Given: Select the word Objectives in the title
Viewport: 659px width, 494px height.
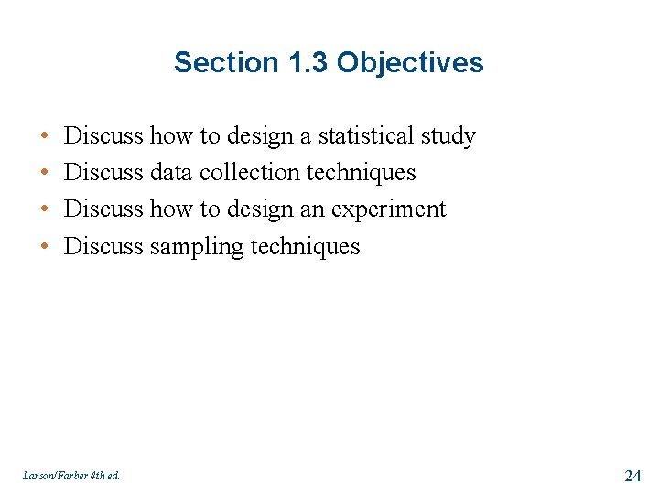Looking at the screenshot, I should click(410, 62).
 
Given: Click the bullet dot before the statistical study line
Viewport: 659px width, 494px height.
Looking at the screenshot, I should click(45, 136).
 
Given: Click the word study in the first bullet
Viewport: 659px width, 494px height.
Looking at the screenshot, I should click(448, 136).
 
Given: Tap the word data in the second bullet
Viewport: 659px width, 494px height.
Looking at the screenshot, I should click(171, 173).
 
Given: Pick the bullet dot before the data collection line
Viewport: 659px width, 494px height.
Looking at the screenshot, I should click(45, 173).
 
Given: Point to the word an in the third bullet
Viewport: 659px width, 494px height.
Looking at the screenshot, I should click(313, 209).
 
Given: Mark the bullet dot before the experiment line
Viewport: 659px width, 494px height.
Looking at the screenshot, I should click(45, 209).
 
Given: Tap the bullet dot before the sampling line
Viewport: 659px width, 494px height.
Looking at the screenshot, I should click(45, 247).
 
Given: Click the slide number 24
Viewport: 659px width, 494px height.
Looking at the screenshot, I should click(632, 475).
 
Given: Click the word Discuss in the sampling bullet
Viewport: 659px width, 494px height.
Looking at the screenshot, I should click(103, 246).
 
